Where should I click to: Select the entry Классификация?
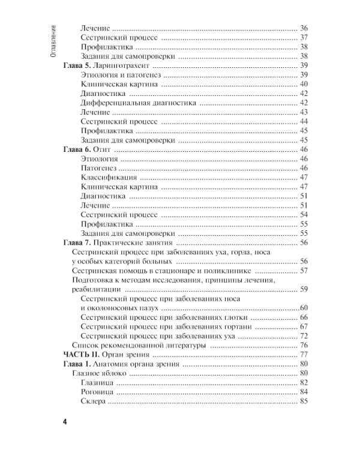click(x=108, y=178)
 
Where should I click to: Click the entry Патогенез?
click(x=97, y=168)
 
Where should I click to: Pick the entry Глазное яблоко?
click(x=98, y=373)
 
